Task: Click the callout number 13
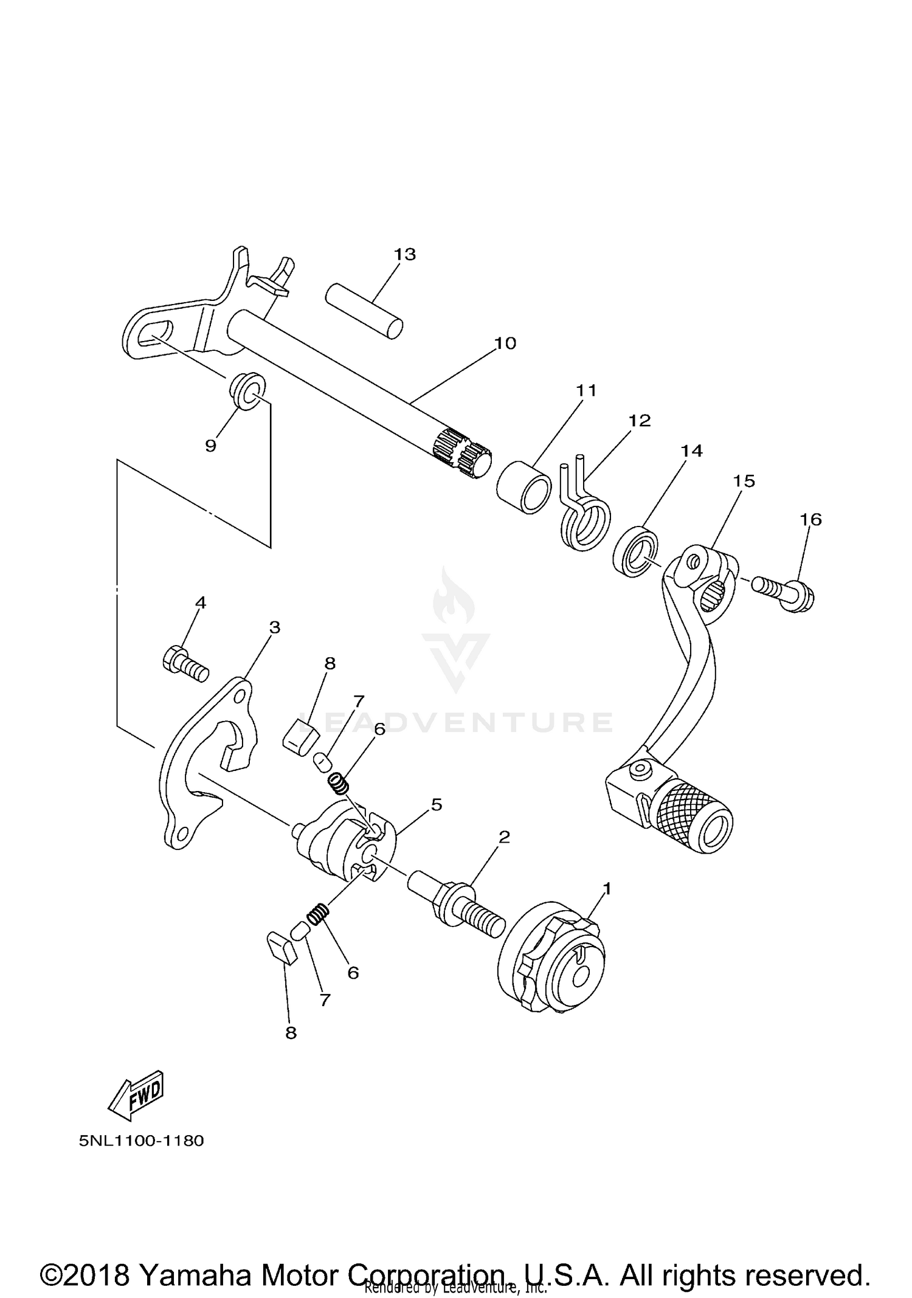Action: pos(404,254)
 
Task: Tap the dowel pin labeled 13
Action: pos(364,310)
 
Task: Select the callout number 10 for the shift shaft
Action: pos(505,343)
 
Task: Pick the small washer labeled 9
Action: pos(247,390)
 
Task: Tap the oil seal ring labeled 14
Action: pos(636,551)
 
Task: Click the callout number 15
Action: pos(744,481)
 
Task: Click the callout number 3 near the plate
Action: pos(274,627)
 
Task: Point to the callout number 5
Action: pos(437,805)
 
